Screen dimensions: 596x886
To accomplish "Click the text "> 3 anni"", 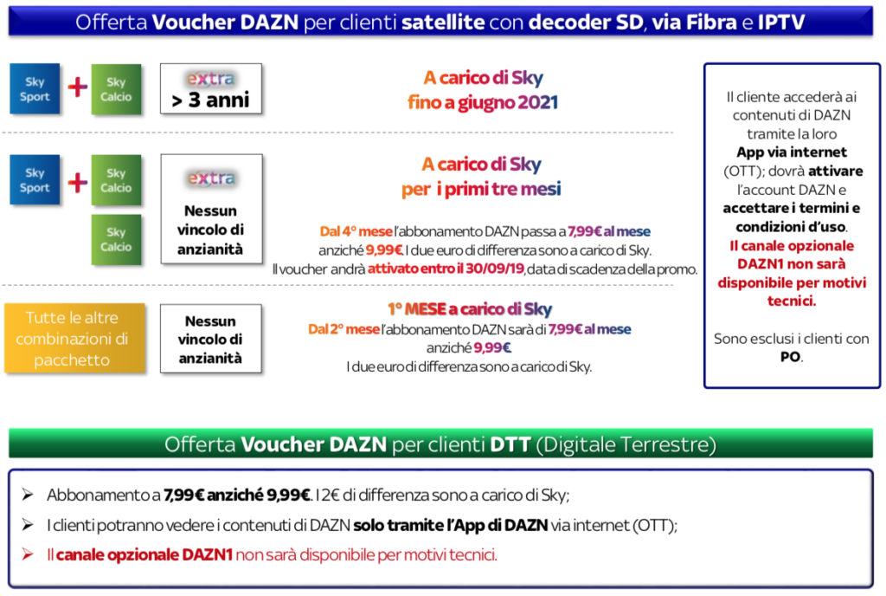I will point(210,100).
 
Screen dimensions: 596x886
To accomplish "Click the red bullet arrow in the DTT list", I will point(28,554).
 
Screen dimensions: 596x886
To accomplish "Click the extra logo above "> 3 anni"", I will point(210,79).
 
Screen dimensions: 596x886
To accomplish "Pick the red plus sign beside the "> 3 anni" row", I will point(78,87).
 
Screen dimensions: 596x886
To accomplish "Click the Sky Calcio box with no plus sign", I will point(116,239).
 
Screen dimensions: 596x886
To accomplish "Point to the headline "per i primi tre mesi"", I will point(482,189).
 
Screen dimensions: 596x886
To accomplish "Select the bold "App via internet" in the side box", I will point(791,152).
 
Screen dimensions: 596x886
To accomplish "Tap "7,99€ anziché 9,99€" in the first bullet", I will point(236,496).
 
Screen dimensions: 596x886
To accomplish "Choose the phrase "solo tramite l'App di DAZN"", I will point(450,525).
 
